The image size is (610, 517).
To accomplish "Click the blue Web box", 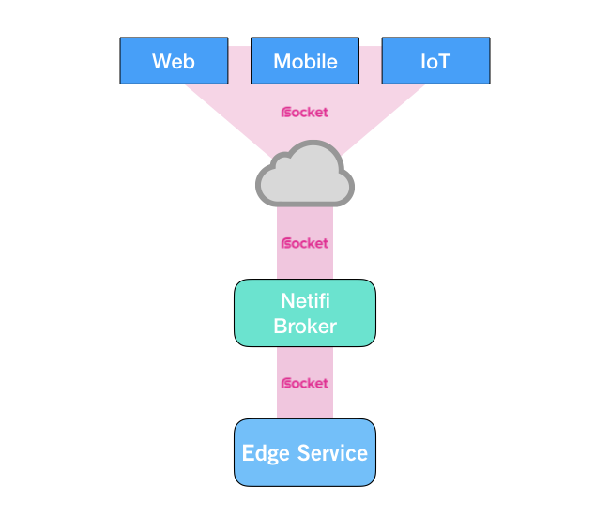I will point(174,61).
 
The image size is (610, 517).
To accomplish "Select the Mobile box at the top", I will point(305,61).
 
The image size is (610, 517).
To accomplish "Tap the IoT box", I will point(435,61).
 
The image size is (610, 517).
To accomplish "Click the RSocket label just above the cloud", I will point(305,113).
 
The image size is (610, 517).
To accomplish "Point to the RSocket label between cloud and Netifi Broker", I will point(305,243).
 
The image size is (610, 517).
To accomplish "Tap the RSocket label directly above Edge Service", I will point(305,383).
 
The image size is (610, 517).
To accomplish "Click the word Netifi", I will point(305,302).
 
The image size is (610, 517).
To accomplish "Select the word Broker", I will point(305,327).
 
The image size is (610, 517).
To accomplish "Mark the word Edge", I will point(264,454).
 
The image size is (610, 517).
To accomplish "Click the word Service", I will point(331,453).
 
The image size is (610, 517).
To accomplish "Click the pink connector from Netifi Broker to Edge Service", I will point(305,403).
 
